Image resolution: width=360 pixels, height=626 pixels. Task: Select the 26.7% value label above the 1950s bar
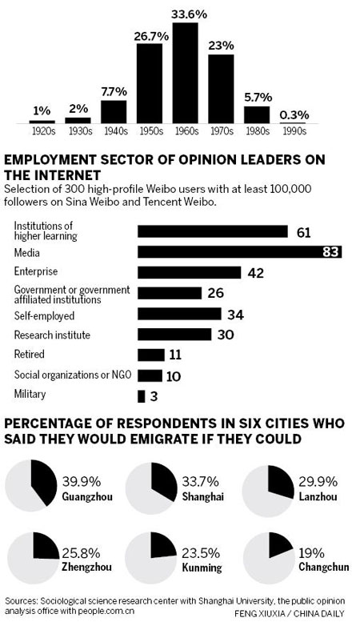coord(149,36)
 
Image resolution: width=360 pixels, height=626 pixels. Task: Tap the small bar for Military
coord(142,395)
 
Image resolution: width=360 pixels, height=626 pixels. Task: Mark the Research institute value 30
coord(226,335)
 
